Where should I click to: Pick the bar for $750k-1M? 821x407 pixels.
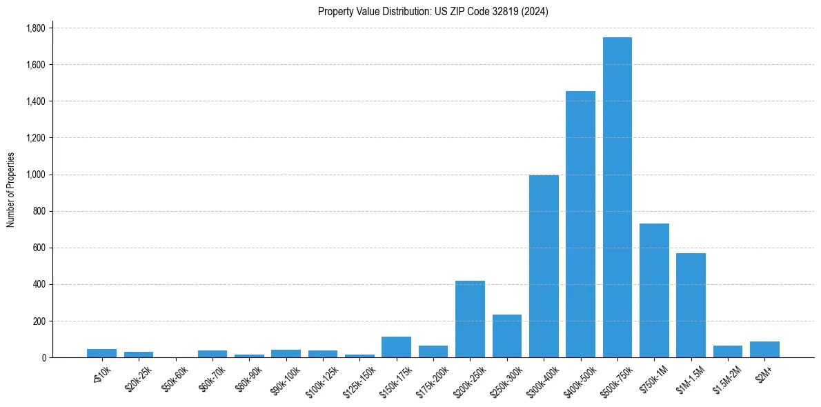(654, 290)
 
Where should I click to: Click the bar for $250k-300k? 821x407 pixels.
(506, 336)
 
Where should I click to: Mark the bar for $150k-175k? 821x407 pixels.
(396, 347)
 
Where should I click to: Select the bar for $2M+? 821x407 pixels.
(764, 350)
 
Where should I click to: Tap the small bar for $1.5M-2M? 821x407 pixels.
(727, 352)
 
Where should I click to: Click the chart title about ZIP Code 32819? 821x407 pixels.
(433, 12)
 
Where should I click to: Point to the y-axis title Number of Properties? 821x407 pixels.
(11, 190)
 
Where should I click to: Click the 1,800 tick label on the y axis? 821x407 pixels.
(35, 28)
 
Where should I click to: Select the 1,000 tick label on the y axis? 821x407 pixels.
(35, 175)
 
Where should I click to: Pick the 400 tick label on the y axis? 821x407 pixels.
(39, 284)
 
